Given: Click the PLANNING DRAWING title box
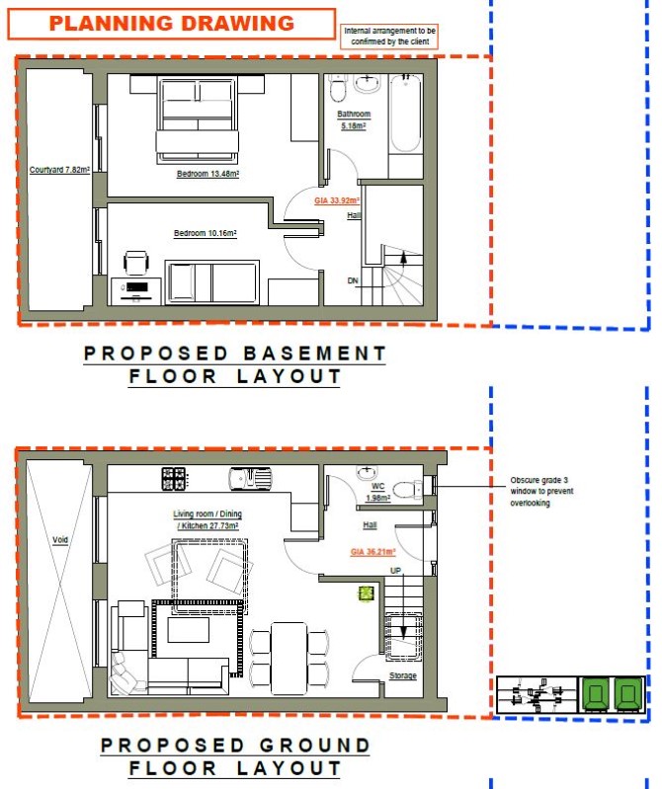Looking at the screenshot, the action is click(x=172, y=24).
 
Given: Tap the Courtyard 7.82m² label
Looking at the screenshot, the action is click(x=59, y=170).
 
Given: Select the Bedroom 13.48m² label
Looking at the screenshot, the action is click(x=207, y=174).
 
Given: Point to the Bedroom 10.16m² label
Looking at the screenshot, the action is click(x=205, y=233).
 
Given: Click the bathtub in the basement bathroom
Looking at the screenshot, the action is click(x=406, y=114).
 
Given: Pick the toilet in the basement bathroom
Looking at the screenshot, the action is click(x=337, y=88).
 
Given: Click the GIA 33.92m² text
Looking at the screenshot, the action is click(x=337, y=200).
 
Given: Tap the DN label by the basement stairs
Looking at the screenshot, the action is click(x=353, y=280).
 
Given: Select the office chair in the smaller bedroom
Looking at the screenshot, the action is click(x=136, y=263).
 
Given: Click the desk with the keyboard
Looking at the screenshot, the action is click(x=136, y=291).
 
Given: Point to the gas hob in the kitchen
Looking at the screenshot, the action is click(x=174, y=479).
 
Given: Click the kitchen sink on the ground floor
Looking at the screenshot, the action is click(x=250, y=479).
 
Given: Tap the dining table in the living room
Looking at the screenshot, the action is click(x=289, y=659).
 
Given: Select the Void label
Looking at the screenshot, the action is click(x=60, y=540).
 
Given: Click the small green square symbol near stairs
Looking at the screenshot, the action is click(x=366, y=593).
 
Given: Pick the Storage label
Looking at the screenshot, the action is click(x=403, y=675).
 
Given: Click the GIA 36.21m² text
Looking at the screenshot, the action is click(x=373, y=552).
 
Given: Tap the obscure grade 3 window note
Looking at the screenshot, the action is click(x=541, y=492).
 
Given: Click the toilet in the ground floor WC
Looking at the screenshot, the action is click(x=408, y=489).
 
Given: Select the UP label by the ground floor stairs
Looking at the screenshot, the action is click(x=395, y=571).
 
